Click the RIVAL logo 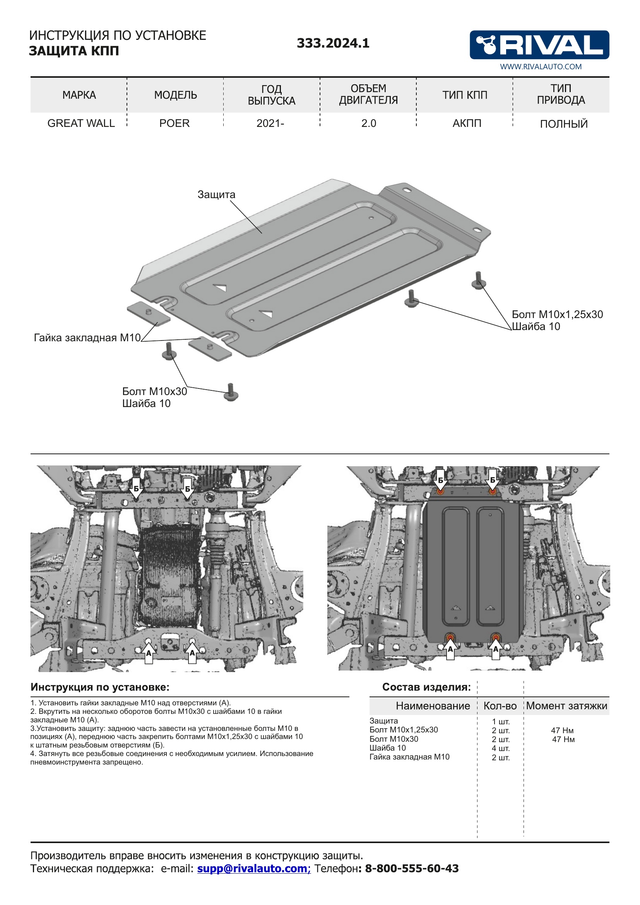539,44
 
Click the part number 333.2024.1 333,43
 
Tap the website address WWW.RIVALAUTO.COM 541,67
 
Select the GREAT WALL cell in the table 81,123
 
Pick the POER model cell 174,123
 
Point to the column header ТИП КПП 465,95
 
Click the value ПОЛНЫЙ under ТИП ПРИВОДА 563,124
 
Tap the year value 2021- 270,123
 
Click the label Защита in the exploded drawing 216,194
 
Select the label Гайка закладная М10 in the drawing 87,338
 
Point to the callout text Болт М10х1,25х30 557,315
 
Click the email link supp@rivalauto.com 253,868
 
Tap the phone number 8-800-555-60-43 412,868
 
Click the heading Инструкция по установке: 100,687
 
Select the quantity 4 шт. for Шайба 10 500,748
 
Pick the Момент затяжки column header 566,706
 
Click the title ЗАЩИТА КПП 74,51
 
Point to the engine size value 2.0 368,123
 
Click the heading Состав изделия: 426,687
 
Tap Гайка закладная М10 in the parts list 409,757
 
